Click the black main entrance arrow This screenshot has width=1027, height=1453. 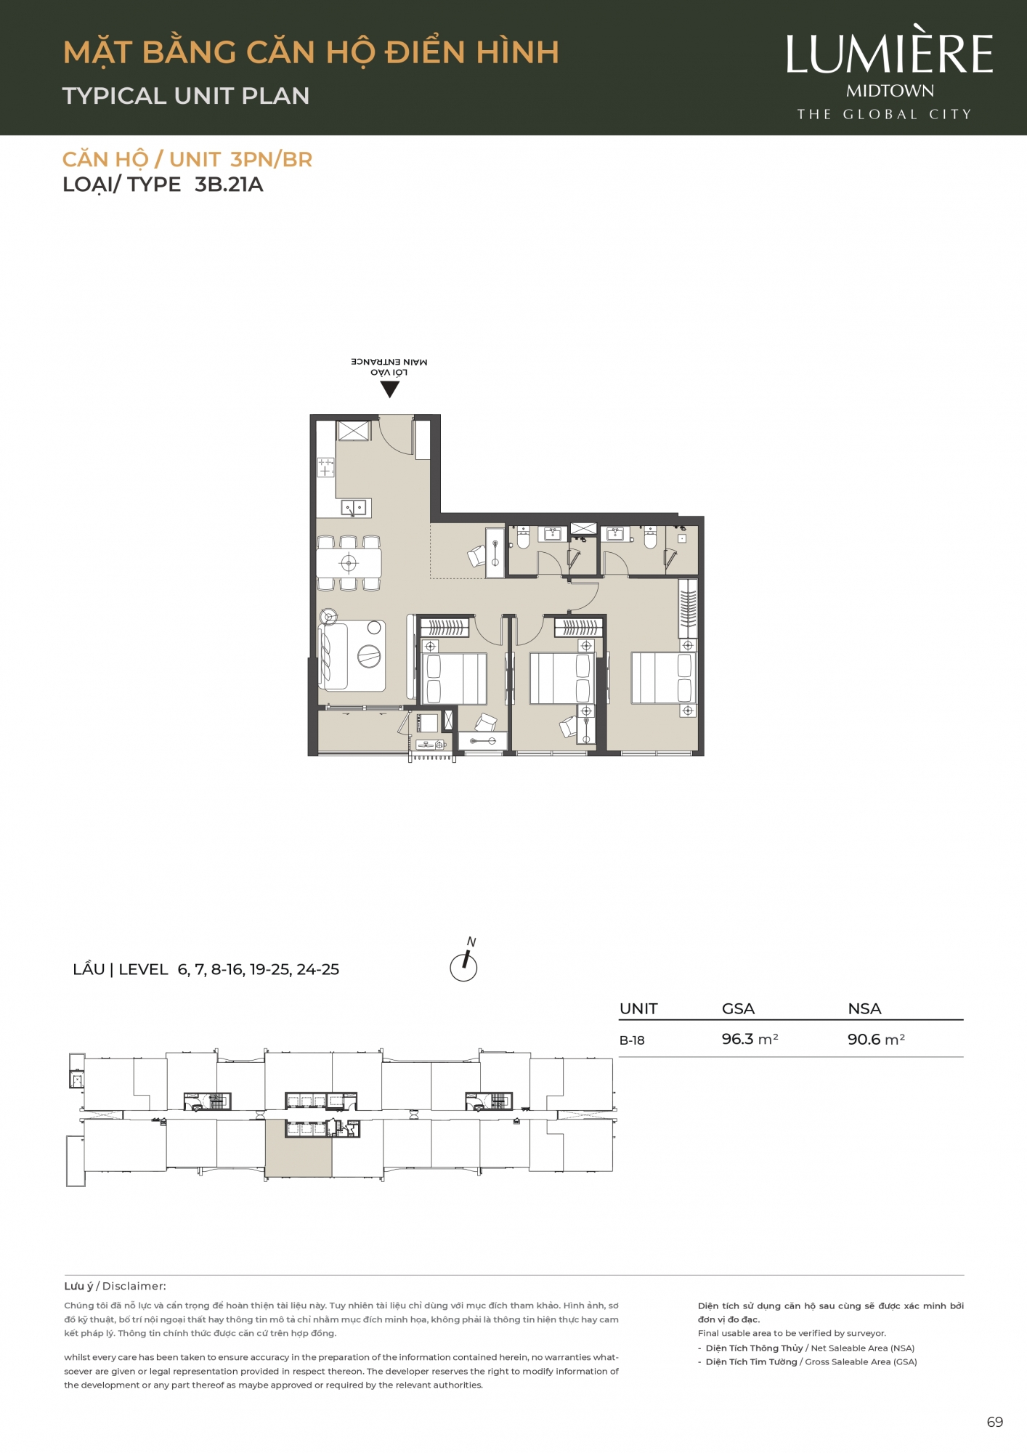pyautogui.click(x=390, y=389)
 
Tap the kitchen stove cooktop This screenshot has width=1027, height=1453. pyautogui.click(x=325, y=467)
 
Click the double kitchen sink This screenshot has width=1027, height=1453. pyautogui.click(x=354, y=507)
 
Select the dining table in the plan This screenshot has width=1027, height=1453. pyautogui.click(x=349, y=563)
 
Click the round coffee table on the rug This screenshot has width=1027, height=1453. pyautogui.click(x=369, y=656)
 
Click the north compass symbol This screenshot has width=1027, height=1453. pyautogui.click(x=464, y=962)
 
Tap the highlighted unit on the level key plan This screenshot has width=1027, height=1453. pyautogui.click(x=299, y=1149)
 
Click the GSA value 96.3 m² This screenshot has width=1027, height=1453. pyautogui.click(x=750, y=1039)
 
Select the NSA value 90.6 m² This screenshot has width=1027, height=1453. pyautogui.click(x=876, y=1039)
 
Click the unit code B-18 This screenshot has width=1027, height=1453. pyautogui.click(x=632, y=1040)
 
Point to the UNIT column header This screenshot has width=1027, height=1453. pyautogui.click(x=638, y=1008)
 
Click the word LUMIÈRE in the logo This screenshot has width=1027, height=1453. pyautogui.click(x=890, y=52)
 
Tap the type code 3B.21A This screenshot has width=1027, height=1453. pyautogui.click(x=229, y=185)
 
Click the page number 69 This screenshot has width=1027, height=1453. pyautogui.click(x=995, y=1422)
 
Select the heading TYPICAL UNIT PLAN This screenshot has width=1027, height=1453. pyautogui.click(x=186, y=96)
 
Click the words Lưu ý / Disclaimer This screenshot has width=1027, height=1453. pyautogui.click(x=115, y=1286)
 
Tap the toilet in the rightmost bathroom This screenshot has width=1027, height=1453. pyautogui.click(x=650, y=537)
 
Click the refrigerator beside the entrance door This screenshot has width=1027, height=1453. pyautogui.click(x=353, y=430)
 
